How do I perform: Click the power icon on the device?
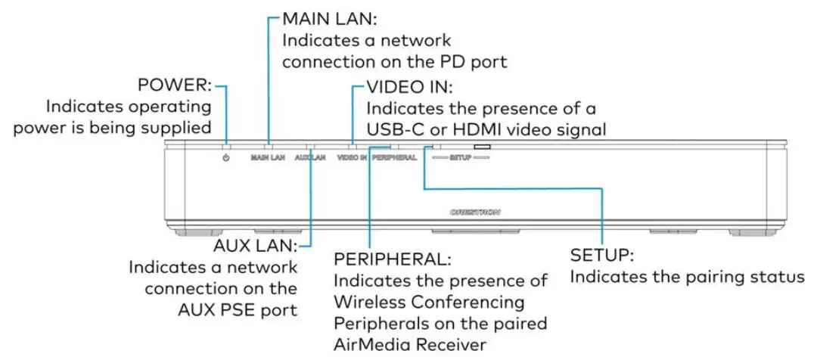pyautogui.click(x=226, y=159)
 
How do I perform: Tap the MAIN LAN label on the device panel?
pyautogui.click(x=268, y=159)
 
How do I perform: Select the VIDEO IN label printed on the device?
pyautogui.click(x=352, y=159)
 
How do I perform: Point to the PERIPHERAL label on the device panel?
pyautogui.click(x=395, y=159)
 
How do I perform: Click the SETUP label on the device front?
pyautogui.click(x=460, y=159)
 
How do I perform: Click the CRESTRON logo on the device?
pyautogui.click(x=475, y=213)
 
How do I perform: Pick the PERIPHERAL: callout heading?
pyautogui.click(x=392, y=259)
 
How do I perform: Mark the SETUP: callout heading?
pyautogui.click(x=601, y=256)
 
